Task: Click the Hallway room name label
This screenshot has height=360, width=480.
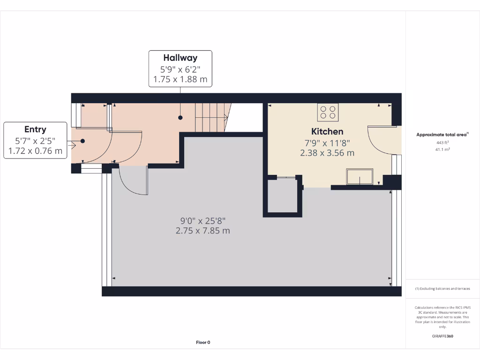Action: point(180,58)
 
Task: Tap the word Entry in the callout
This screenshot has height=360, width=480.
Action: point(35,129)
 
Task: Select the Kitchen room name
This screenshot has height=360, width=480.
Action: point(327,132)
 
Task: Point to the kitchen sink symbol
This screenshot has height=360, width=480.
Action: point(360,177)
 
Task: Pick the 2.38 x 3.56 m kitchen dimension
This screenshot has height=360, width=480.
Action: point(327,153)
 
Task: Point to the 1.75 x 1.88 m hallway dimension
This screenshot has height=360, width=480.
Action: point(180,79)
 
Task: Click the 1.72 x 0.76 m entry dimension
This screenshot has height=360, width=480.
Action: point(35,151)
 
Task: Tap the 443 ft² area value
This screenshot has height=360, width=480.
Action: point(443,142)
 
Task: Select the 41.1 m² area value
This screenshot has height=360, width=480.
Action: point(443,150)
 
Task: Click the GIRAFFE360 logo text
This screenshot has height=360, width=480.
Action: point(443,336)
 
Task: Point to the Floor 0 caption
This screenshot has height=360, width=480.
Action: point(203,342)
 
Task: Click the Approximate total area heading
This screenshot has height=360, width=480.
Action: point(442,135)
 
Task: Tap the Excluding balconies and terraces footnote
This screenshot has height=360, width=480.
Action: point(442,289)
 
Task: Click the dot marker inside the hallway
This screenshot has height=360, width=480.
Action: point(180,118)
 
